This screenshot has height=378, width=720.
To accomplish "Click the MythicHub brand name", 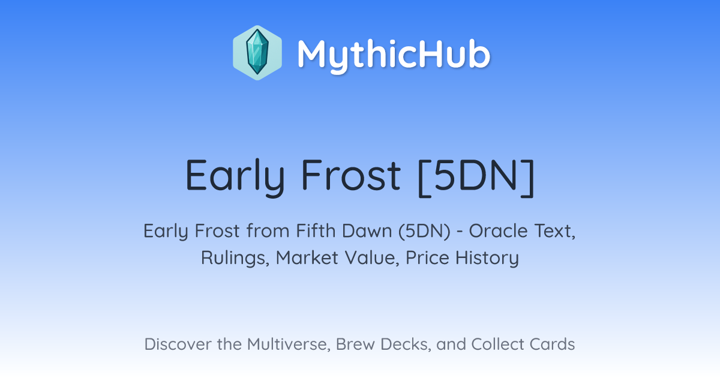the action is (x=394, y=55).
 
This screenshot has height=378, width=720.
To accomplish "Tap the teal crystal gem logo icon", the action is (x=257, y=53).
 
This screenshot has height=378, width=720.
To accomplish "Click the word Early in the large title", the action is (x=235, y=176).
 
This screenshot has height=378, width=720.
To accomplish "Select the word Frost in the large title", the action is (x=350, y=175).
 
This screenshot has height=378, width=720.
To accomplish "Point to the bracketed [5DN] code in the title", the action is (x=476, y=177).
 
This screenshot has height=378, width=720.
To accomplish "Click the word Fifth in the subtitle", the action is (x=316, y=230).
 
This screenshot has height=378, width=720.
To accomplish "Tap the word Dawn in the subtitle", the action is (x=367, y=230).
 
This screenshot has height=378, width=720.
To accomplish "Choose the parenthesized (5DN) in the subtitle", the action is (x=425, y=231).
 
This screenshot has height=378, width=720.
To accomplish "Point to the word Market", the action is (x=307, y=257).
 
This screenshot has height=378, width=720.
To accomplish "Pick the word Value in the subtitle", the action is (x=372, y=258).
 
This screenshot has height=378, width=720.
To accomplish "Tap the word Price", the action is (x=427, y=257).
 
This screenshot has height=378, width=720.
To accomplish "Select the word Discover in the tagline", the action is (x=178, y=344).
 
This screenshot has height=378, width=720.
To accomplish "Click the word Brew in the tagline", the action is (x=355, y=344).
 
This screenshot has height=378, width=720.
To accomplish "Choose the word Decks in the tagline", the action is (x=406, y=344).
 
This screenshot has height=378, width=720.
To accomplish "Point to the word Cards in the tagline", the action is (x=552, y=344).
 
